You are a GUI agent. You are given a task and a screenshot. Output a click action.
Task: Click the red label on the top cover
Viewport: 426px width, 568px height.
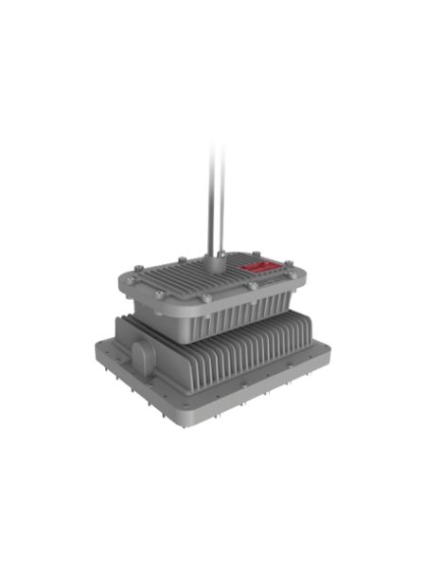tap(255, 269)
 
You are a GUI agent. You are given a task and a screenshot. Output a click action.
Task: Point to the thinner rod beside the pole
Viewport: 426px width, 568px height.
tap(223, 199)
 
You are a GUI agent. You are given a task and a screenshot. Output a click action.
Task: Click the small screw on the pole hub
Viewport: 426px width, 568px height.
tap(219, 255)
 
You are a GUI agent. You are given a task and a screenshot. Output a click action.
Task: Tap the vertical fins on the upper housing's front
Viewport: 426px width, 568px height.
tap(237, 317)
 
